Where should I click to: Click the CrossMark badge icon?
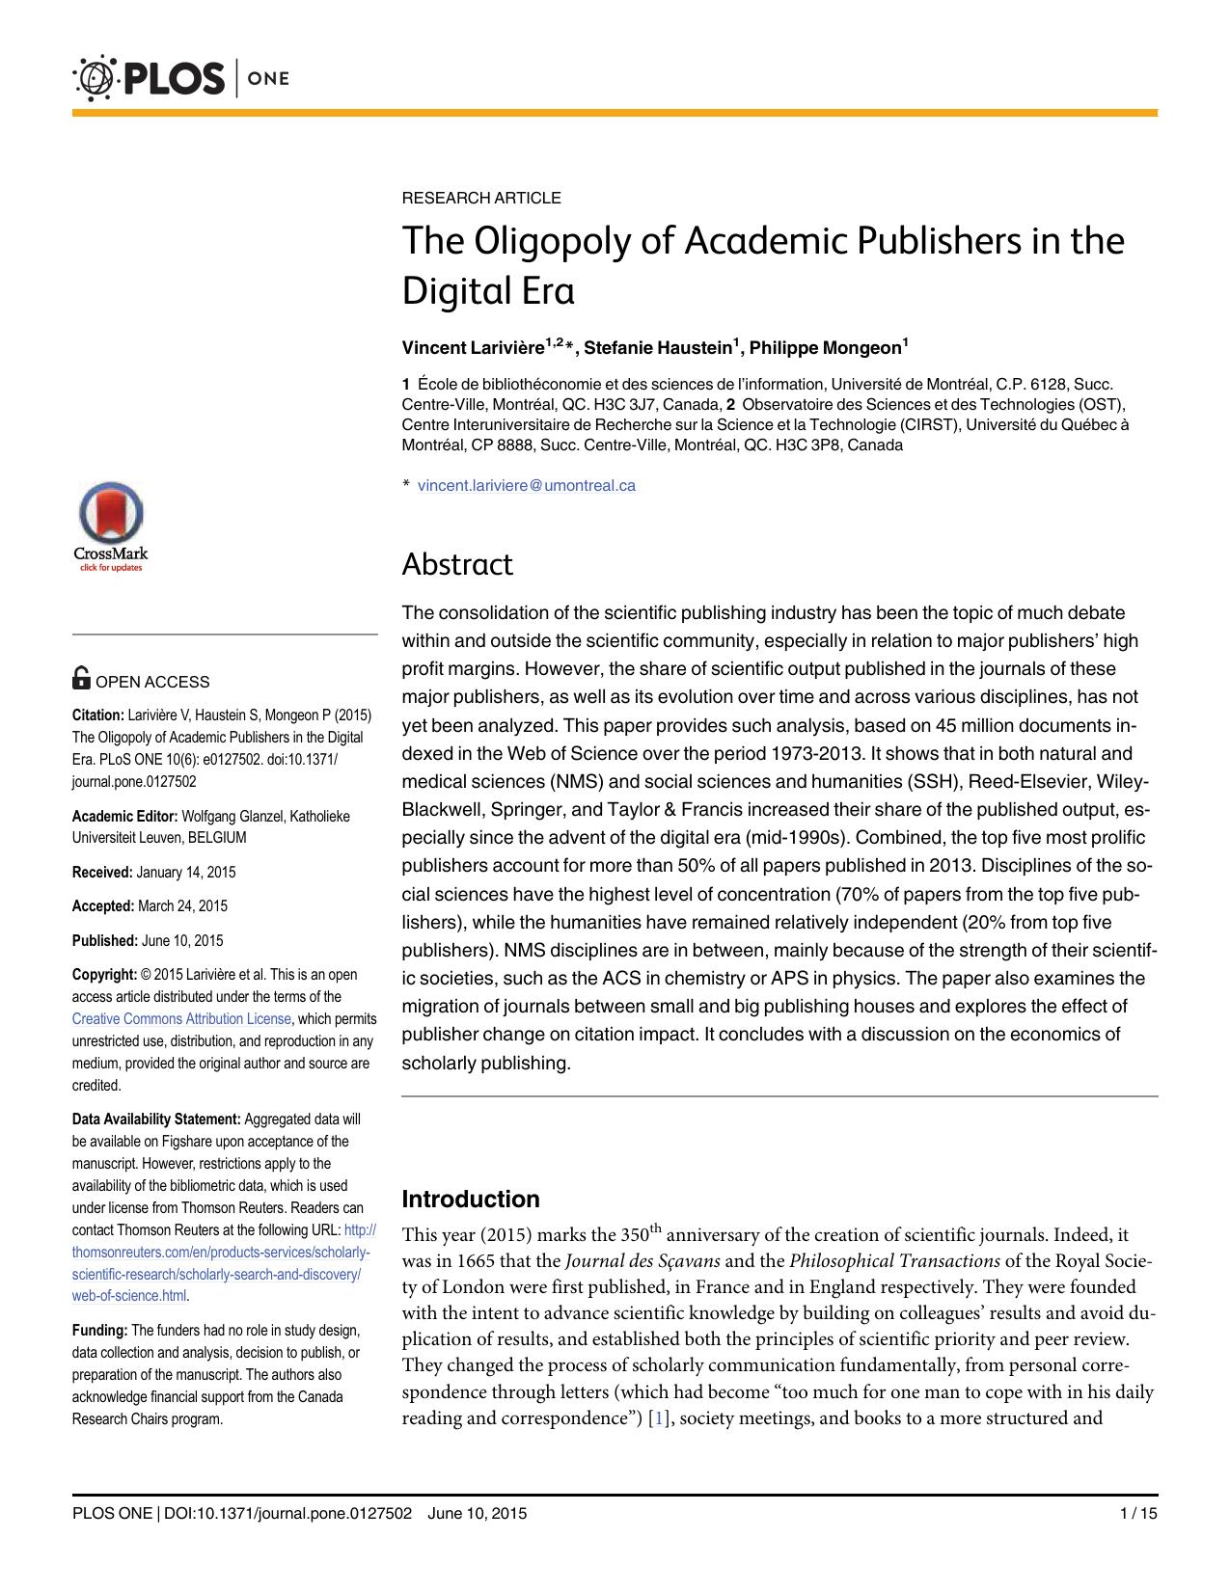[x=110, y=526]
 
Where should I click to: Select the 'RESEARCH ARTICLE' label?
[x=480, y=198]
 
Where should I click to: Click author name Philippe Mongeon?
[x=825, y=347]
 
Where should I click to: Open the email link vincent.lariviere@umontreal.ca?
[x=526, y=485]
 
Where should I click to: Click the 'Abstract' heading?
[x=456, y=564]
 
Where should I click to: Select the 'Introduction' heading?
[x=470, y=1199]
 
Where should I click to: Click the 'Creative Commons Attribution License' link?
[x=181, y=1018]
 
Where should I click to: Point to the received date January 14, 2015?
[x=185, y=872]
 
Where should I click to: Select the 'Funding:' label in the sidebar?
[x=99, y=1331]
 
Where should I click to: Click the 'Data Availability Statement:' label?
[x=156, y=1119]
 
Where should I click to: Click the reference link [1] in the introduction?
[x=657, y=1418]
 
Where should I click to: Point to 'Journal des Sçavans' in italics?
[x=642, y=1260]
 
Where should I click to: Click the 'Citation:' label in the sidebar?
[x=97, y=715]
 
